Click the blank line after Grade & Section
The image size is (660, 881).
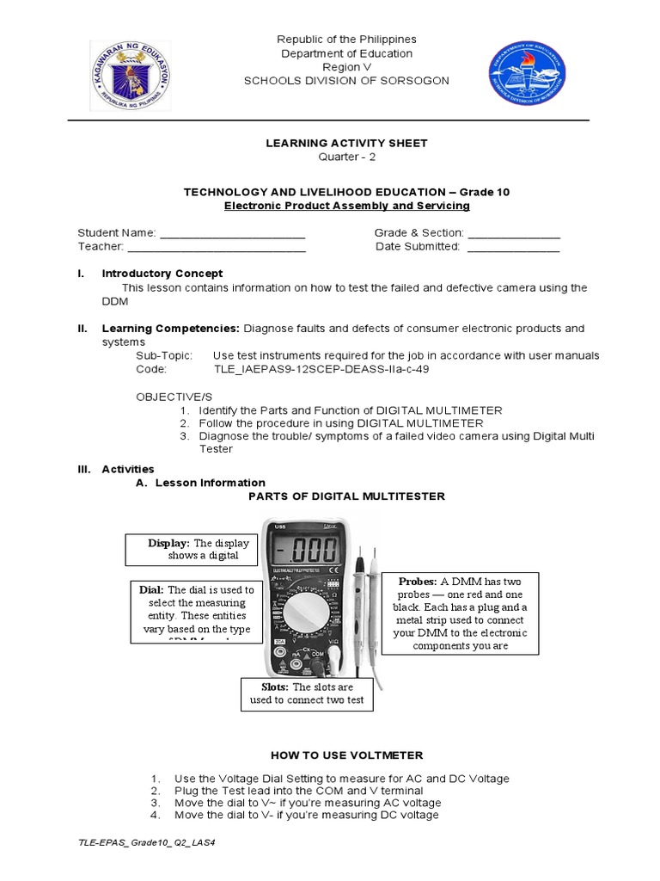click(514, 233)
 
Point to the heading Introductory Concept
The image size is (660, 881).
click(162, 273)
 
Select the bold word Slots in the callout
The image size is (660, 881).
click(274, 687)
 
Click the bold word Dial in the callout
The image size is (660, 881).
click(151, 589)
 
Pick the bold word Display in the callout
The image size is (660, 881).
click(168, 543)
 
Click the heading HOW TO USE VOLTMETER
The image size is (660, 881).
click(347, 755)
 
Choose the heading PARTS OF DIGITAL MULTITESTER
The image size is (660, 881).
click(346, 496)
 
